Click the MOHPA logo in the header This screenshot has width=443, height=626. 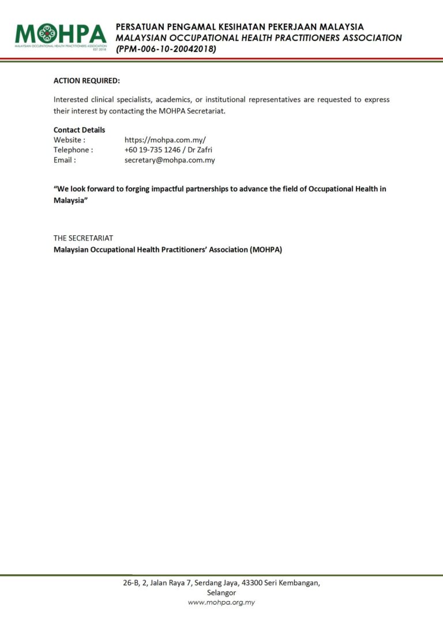(x=61, y=35)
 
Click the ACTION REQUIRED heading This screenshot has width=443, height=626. (x=87, y=81)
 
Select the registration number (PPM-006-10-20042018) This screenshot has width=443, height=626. (x=166, y=49)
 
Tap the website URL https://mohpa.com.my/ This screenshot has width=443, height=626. (x=165, y=139)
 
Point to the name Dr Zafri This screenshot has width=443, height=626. (x=200, y=150)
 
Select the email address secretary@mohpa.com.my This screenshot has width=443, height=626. (x=170, y=160)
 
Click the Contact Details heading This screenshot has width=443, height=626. (x=80, y=130)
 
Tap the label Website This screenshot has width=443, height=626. (x=69, y=139)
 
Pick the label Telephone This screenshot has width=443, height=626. (x=73, y=150)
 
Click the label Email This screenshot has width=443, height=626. (x=64, y=160)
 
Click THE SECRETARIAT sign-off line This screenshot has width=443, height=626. (x=83, y=237)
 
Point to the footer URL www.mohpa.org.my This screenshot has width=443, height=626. (x=221, y=602)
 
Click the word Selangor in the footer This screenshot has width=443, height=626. (x=221, y=593)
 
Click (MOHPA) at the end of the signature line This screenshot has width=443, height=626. (x=266, y=250)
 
